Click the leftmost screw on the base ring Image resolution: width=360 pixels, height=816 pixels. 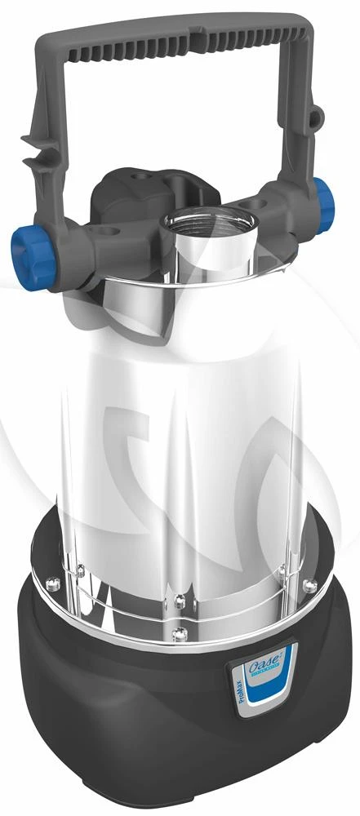50,583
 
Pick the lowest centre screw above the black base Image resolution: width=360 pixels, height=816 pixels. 179,632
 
